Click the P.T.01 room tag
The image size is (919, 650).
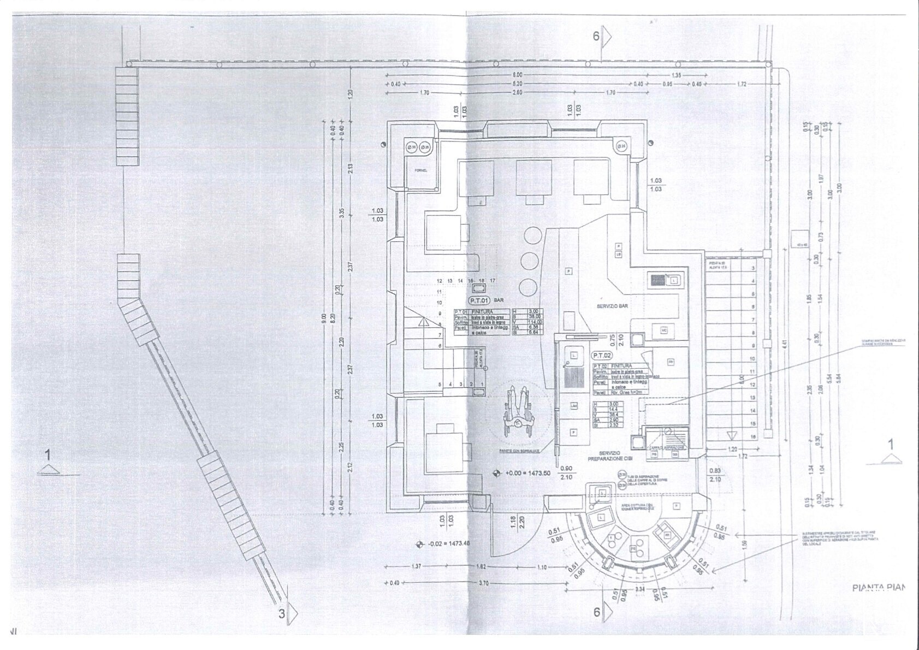coord(479,300)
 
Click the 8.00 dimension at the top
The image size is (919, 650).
coord(517,75)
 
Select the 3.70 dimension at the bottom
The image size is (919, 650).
coord(483,583)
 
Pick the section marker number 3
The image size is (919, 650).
coord(282,613)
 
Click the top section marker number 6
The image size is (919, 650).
coord(596,36)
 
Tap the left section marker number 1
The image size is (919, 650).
coord(48,454)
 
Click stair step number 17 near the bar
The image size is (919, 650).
coord(493,281)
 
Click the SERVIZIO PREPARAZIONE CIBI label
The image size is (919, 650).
coord(609,457)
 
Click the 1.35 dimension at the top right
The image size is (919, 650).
coord(676,75)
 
